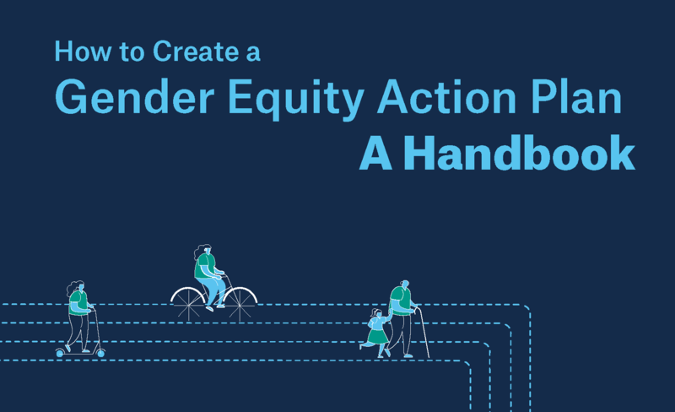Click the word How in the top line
coord(83,51)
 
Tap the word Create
coord(196,51)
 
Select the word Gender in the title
coord(134,96)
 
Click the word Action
coord(447,96)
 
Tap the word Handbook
coord(520,153)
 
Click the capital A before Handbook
coord(375,154)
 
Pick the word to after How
coord(132,52)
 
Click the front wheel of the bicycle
coord(240,305)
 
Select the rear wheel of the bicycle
coord(188,305)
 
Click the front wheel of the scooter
coord(100,354)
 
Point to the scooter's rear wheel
coord(60,354)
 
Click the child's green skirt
coord(377,337)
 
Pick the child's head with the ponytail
coord(376,312)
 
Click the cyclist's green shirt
coord(204,266)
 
